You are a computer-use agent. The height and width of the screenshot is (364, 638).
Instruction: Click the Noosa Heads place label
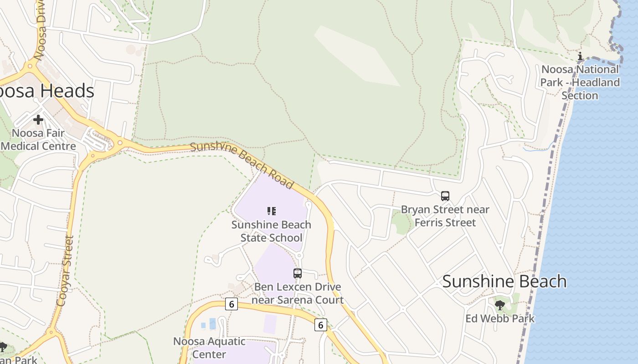(x=46, y=91)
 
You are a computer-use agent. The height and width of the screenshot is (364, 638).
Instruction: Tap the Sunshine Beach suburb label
(x=504, y=281)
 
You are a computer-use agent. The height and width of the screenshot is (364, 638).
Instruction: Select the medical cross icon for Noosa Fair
(x=38, y=120)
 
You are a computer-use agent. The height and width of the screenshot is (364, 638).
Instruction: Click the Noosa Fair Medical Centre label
(x=38, y=140)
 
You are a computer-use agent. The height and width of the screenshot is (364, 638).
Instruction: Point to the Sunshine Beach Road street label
(x=242, y=165)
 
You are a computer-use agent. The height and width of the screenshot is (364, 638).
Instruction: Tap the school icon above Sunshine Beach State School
(x=272, y=211)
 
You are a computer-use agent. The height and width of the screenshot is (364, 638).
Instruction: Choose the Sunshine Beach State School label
(x=271, y=231)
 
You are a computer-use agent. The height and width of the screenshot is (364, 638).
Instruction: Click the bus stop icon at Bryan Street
(x=445, y=196)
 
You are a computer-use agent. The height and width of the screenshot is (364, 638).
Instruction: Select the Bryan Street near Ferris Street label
(x=445, y=216)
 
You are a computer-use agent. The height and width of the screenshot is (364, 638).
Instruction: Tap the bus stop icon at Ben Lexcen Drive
(x=298, y=273)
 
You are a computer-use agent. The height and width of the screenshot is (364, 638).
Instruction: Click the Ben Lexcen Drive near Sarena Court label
(x=298, y=293)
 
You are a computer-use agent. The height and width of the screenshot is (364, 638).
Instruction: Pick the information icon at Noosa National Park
(x=580, y=56)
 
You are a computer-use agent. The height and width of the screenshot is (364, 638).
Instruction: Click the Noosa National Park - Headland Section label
(x=580, y=82)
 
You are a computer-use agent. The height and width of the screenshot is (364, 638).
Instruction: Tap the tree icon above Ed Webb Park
(x=500, y=305)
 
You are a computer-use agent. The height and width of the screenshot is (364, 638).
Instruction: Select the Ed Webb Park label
(x=500, y=318)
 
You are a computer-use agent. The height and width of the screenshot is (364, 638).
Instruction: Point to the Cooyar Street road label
(x=65, y=271)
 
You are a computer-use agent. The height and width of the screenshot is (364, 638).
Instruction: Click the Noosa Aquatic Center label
(x=209, y=348)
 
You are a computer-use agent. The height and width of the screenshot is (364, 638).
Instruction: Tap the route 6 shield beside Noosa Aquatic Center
(x=232, y=304)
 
